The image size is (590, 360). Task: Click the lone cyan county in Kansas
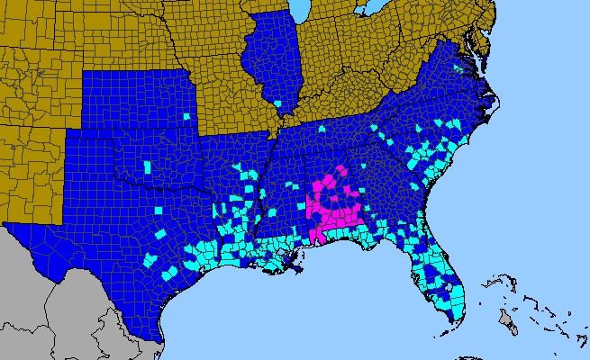(186, 116)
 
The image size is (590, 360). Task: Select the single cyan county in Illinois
(279, 105)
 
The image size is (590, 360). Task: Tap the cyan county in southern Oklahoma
(149, 167)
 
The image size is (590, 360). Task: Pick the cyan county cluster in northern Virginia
(458, 68)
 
